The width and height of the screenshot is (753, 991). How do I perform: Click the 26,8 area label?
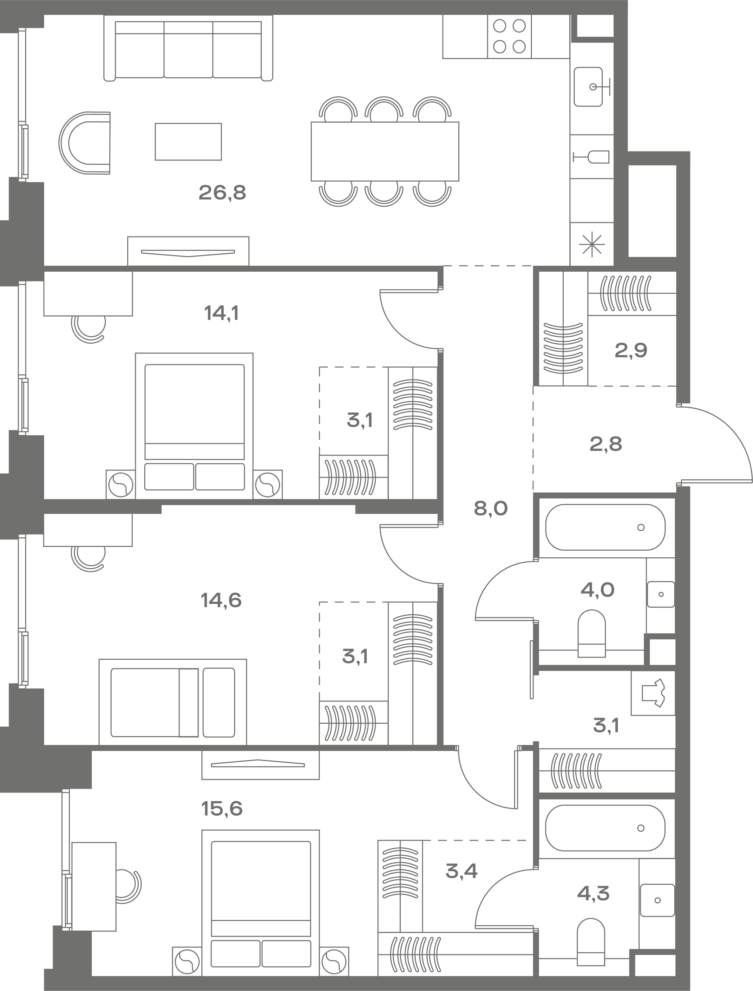[x=222, y=193]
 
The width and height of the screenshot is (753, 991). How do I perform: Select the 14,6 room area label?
[x=221, y=600]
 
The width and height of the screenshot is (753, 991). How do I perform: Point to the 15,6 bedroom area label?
[x=222, y=809]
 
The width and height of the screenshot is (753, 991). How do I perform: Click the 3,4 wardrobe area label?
[x=462, y=871]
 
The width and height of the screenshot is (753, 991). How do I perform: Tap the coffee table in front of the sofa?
[x=188, y=142]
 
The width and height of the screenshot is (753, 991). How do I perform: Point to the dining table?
[x=385, y=152]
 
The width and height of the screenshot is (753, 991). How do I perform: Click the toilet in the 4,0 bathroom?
[x=592, y=633]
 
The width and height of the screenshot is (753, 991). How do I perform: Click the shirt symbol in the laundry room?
[x=653, y=693]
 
